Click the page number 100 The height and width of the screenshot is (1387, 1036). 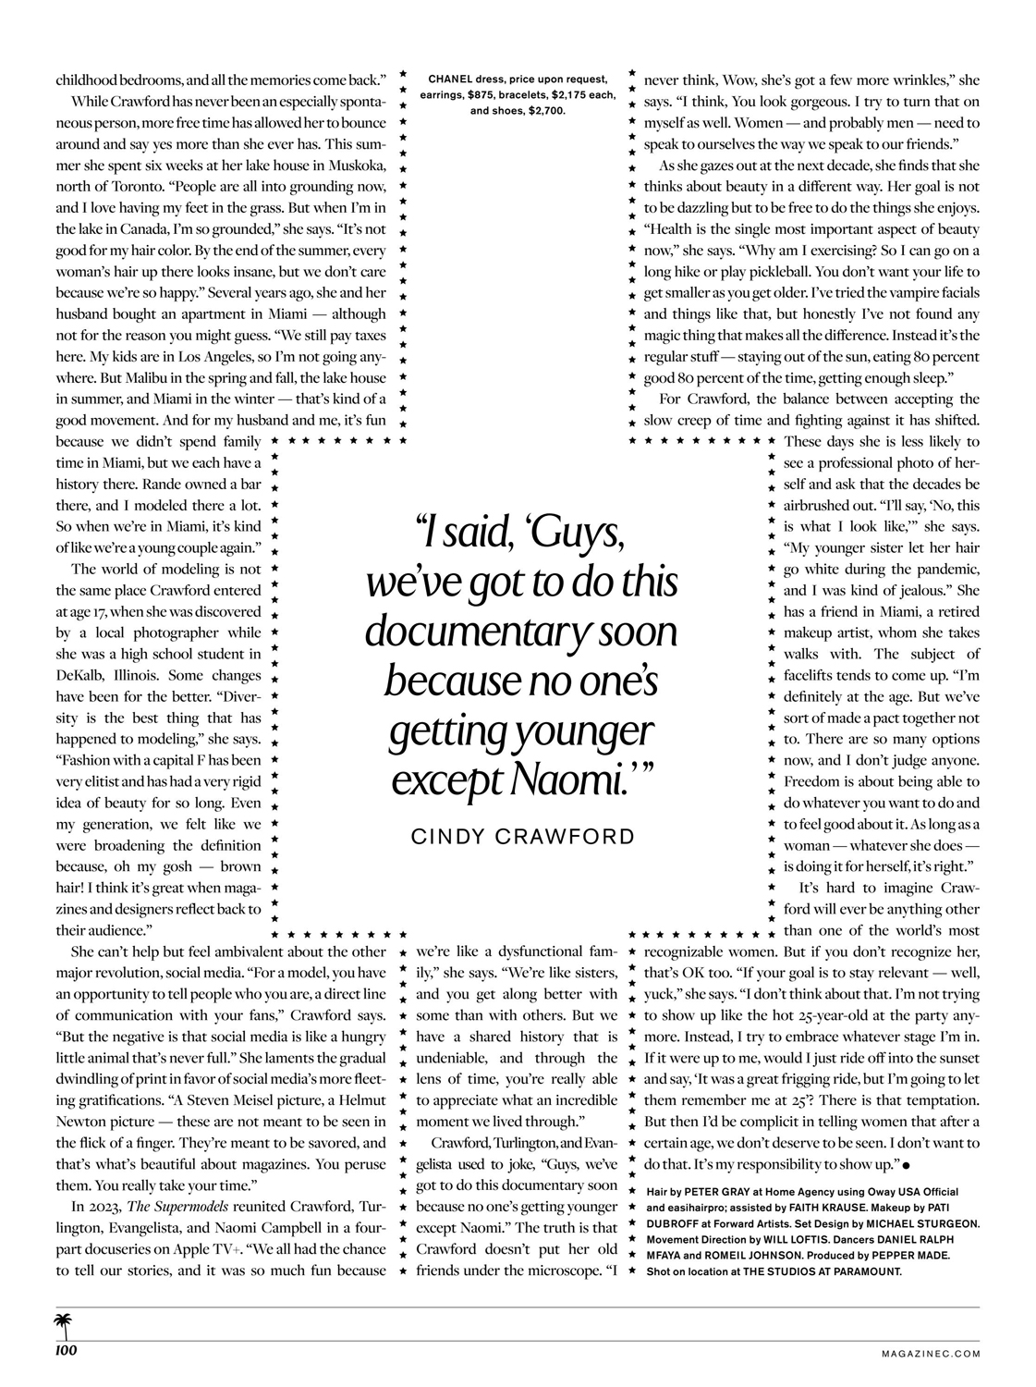65,1352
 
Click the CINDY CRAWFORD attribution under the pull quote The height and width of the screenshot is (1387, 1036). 522,837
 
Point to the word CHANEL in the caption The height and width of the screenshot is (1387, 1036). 451,80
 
